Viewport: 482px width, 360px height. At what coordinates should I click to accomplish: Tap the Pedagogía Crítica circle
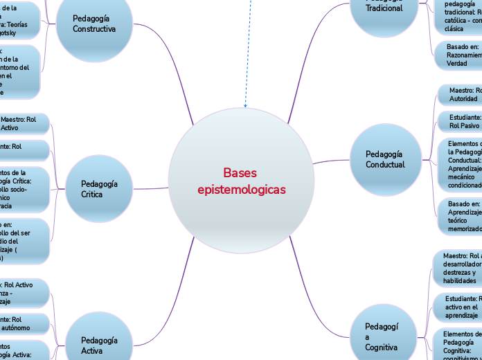(99, 189)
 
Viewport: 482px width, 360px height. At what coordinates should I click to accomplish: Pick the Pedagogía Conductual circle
(385, 159)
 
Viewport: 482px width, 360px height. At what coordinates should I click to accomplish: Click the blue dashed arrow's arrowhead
(245, 106)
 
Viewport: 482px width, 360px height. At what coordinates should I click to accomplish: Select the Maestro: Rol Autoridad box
(460, 95)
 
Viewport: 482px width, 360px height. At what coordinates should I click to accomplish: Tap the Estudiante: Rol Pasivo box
(460, 122)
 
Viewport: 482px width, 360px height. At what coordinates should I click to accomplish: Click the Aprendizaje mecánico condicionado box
(460, 165)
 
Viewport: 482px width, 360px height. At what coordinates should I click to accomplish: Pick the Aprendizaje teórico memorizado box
(460, 216)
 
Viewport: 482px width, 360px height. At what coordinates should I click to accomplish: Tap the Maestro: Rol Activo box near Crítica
(24, 123)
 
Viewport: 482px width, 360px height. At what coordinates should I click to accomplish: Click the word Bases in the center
(240, 172)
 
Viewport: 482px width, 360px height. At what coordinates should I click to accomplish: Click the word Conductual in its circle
(385, 165)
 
